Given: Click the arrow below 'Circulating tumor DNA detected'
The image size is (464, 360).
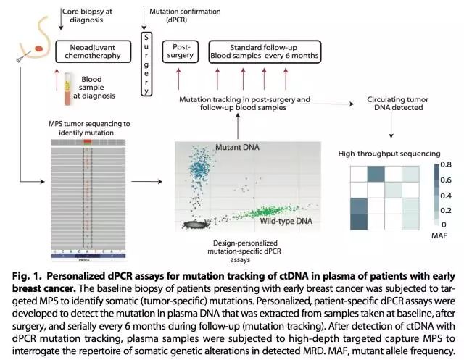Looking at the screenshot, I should (x=391, y=127).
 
